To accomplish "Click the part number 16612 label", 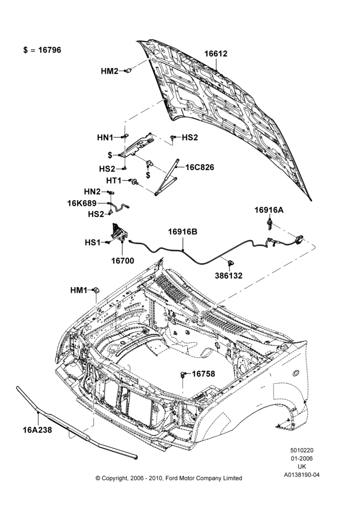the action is pos(216,54).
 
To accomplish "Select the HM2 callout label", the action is pos(110,71).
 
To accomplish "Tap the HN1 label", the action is pos(105,138).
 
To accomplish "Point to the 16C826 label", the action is pos(200,168).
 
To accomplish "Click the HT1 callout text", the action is pos(114,180).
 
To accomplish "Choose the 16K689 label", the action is pos(82,204).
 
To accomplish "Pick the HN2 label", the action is pos(93,192).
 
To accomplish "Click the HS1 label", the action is pos(93,242).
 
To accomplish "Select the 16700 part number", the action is pos(123,261).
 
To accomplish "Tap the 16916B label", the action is pos(183,232).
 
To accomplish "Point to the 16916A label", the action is pos(269,210).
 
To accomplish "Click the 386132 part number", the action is pos(229,276).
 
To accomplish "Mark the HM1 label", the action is pos(79,291).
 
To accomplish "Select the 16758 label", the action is pos(203,374).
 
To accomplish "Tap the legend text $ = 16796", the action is pos(42,50).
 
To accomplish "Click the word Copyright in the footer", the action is pos(116,478).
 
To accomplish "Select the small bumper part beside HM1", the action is pos(96,290).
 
